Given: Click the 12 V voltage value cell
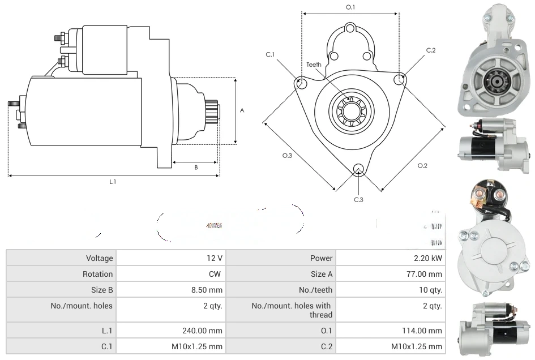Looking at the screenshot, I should point(214,258).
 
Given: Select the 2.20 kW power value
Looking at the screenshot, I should point(431,258).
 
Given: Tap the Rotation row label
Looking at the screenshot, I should point(97,274).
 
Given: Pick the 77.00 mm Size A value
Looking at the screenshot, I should point(427,274).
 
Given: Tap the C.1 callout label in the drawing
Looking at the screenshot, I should point(270,54).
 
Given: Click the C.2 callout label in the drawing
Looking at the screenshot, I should point(431,50).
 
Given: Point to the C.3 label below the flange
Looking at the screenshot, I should point(358,199).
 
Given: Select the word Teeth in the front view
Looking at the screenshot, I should point(314,65).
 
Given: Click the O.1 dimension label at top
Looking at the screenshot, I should point(350,7).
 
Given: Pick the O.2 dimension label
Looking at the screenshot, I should point(422,165).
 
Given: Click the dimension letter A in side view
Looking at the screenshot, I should point(242,110).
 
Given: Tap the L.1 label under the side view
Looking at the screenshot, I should point(113,182).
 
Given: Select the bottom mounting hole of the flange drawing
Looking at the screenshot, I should point(358,168).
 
